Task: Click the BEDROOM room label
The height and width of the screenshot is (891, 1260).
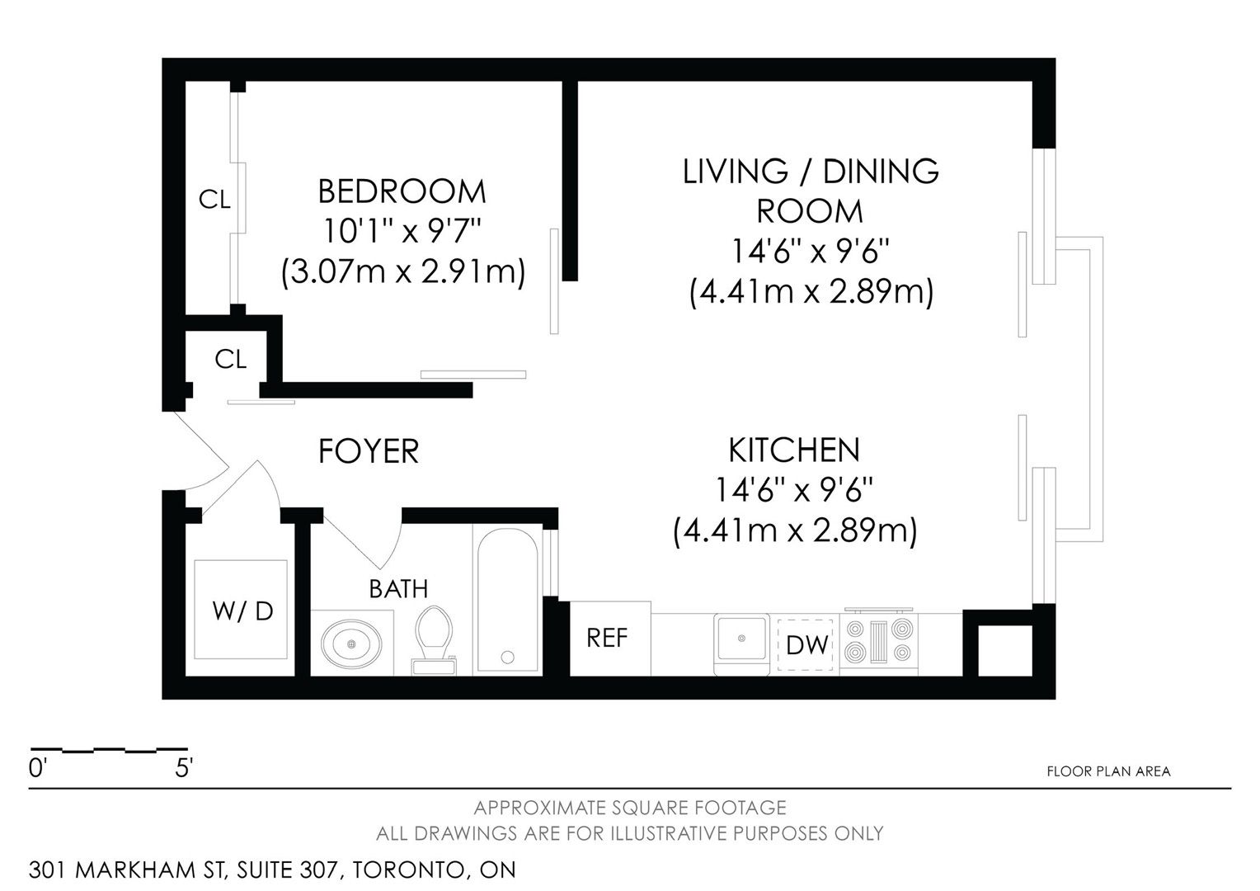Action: pos(402,191)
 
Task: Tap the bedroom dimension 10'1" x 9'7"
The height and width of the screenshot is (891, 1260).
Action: pos(402,231)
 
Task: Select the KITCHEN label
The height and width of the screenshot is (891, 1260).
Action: pos(794,450)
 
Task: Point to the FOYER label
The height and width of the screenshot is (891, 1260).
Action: pos(369,450)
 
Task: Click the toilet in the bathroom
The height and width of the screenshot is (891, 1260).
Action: pos(433,640)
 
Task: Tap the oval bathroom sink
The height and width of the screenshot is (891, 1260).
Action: pos(351,643)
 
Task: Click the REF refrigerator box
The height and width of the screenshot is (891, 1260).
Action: pos(609,639)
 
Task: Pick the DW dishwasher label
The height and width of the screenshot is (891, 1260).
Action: pos(807,645)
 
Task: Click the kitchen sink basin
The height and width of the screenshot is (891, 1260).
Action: pos(741,639)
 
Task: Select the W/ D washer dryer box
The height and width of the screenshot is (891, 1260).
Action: pos(241,610)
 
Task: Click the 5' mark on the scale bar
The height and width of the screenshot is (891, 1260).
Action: pos(184,768)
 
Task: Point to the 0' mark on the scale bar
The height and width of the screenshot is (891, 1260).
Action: pos(36,768)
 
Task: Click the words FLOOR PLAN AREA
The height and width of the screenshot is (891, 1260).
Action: pos(1108,771)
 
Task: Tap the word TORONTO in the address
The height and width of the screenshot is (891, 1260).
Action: pos(408,870)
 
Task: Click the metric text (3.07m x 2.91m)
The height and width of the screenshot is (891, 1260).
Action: pos(402,271)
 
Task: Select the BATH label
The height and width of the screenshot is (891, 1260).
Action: pos(398,589)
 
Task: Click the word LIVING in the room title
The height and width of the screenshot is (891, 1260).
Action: pos(735,171)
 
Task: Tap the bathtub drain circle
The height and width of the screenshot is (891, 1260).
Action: pos(507,657)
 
